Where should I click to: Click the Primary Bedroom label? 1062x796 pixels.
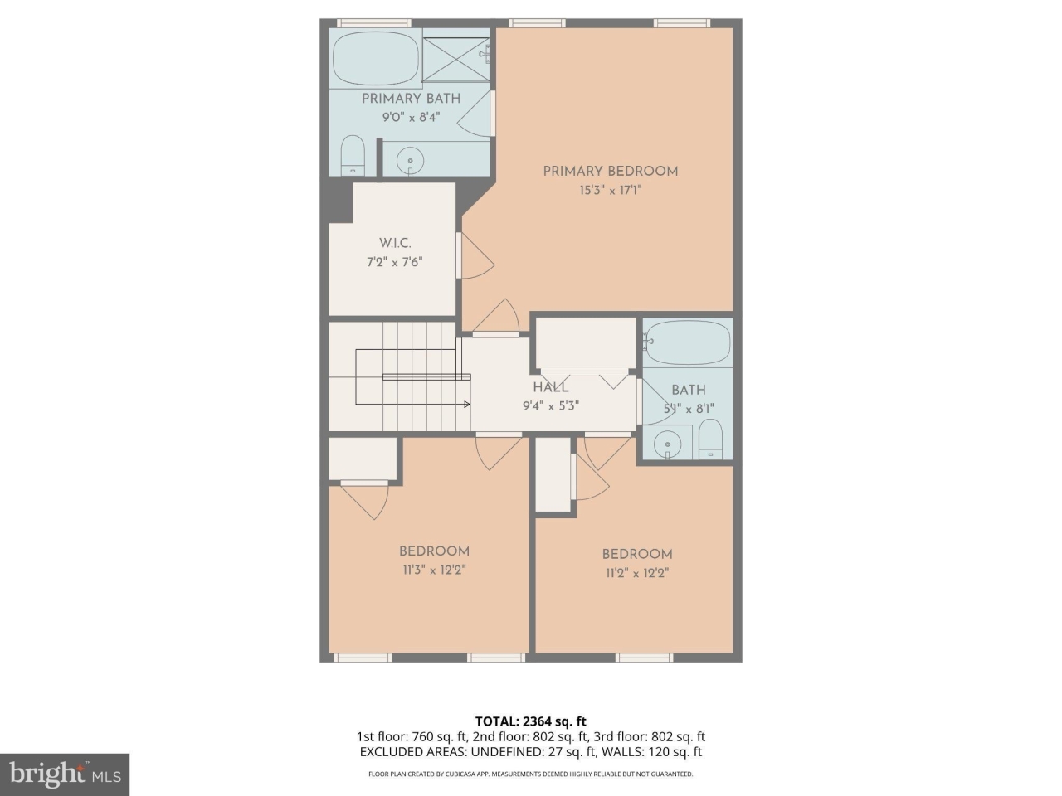(610, 172)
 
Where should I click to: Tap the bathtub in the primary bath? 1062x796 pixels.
(376, 59)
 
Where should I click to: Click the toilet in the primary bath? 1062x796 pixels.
(353, 155)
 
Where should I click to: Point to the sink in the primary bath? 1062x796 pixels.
(409, 159)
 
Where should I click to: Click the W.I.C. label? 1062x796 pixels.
(395, 243)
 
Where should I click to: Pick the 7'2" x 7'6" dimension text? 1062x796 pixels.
(395, 262)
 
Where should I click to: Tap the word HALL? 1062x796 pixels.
(550, 387)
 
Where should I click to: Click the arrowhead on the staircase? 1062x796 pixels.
(467, 405)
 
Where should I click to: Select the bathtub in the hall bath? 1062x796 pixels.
(688, 342)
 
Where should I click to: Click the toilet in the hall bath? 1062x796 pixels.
(710, 439)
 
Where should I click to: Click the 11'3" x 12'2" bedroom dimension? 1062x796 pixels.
(434, 570)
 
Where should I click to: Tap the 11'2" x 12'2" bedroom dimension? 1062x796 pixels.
(636, 573)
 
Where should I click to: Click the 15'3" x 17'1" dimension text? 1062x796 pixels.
(611, 191)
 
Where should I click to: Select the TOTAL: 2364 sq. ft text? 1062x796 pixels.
(530, 721)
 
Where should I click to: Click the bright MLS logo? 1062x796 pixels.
(65, 774)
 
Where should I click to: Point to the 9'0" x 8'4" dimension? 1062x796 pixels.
(410, 118)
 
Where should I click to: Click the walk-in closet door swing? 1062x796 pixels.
(477, 257)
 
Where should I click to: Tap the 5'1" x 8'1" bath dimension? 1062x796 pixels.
(689, 409)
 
